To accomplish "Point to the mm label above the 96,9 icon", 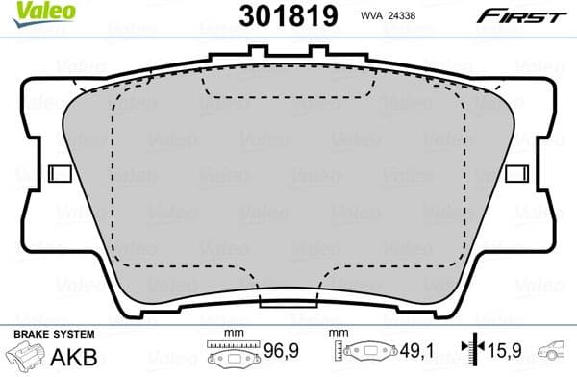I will click(x=230, y=334).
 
